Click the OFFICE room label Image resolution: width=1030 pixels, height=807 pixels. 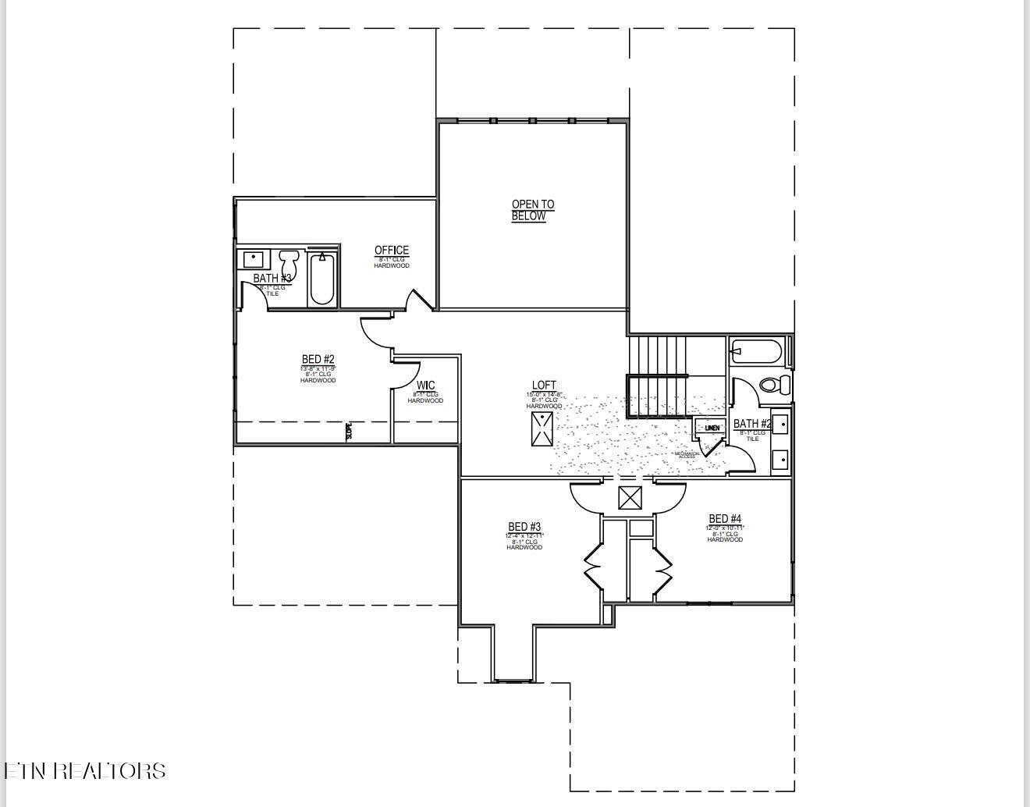pos(392,251)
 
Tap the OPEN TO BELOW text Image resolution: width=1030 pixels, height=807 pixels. pos(532,210)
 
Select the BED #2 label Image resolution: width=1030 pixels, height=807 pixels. pos(318,360)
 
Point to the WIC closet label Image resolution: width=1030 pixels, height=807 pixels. pos(425,386)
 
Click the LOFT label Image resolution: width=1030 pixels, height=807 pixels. pos(544,386)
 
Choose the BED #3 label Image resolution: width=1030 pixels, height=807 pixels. pos(524,528)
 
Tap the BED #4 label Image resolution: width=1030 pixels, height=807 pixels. pos(725,519)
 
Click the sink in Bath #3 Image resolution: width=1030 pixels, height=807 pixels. pos(253,258)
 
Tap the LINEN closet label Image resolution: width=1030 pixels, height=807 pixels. pos(712,428)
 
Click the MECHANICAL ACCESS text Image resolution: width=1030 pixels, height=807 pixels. pos(687,455)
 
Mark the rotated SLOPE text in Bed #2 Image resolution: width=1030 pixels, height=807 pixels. pos(349,432)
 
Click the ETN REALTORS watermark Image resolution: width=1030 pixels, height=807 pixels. pos(84,771)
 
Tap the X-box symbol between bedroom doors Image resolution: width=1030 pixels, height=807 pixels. pos(630,498)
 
